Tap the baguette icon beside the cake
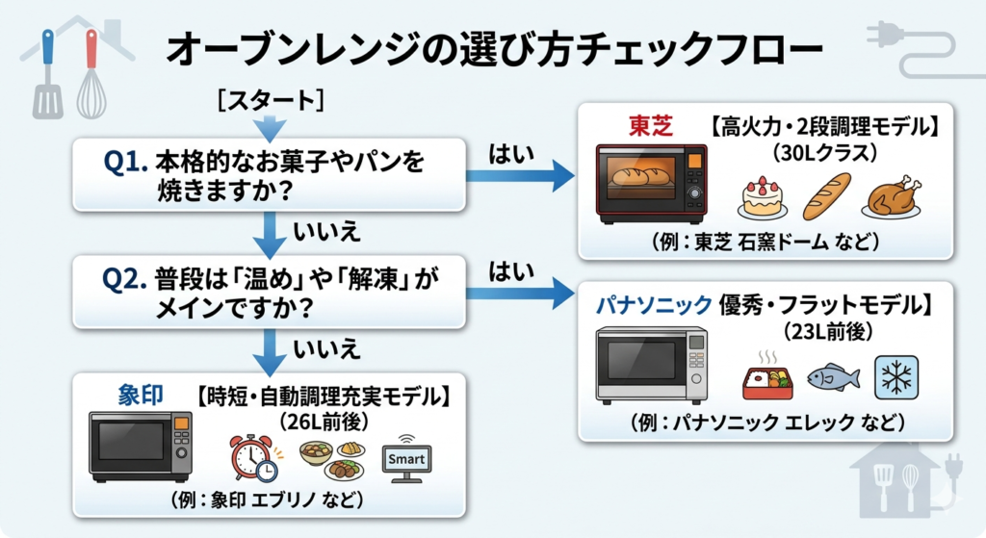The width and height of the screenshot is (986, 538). pos(827,195)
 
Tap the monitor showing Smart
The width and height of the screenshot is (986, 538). pos(405,460)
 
